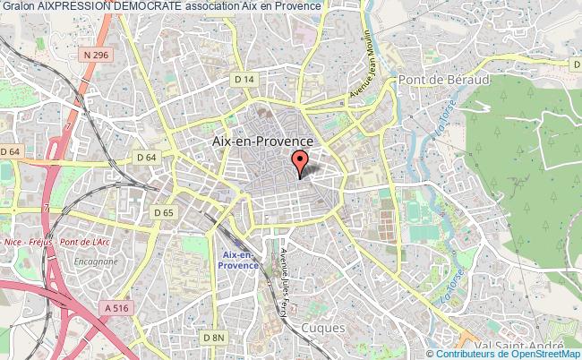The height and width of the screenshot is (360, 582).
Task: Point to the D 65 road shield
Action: [164, 213]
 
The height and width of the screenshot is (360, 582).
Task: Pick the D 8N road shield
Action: [213, 337]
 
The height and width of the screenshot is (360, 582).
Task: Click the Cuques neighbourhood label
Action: [324, 329]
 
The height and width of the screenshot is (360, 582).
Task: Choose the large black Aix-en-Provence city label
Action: [261, 141]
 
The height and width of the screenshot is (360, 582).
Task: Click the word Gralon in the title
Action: [17, 6]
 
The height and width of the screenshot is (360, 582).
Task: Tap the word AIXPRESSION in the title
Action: [73, 6]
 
